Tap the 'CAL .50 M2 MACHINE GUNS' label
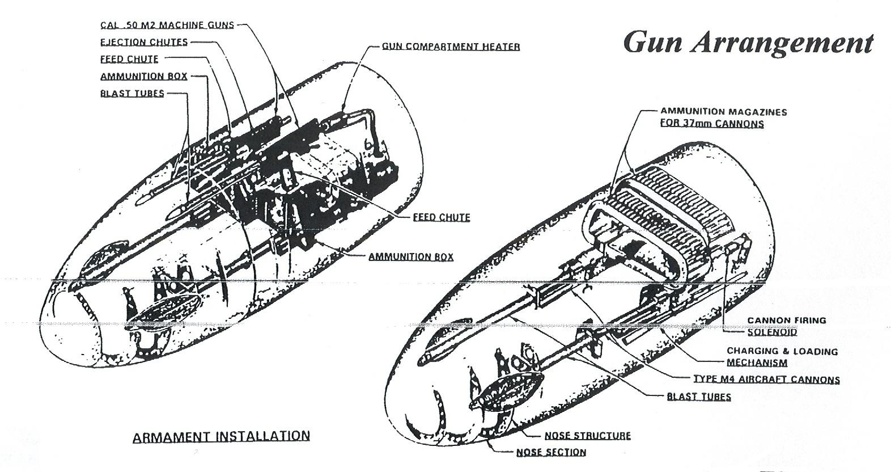[x=167, y=26]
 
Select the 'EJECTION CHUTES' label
[x=144, y=42]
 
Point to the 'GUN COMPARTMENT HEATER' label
[x=451, y=47]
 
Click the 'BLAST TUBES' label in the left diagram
[x=132, y=94]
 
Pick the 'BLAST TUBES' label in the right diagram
[x=699, y=397]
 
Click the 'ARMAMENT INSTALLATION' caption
[x=221, y=436]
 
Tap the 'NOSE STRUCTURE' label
[x=587, y=436]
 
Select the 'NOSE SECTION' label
[x=551, y=452]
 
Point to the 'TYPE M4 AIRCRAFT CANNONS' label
[x=766, y=380]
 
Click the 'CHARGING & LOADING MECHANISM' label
[x=782, y=357]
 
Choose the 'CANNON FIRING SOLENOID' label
[x=786, y=326]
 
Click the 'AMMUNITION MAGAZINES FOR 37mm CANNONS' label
[x=723, y=117]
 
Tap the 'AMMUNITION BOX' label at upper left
[x=143, y=77]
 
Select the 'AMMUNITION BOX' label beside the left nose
[x=411, y=257]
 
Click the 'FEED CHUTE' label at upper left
[x=129, y=59]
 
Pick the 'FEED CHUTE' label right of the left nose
[x=442, y=217]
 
